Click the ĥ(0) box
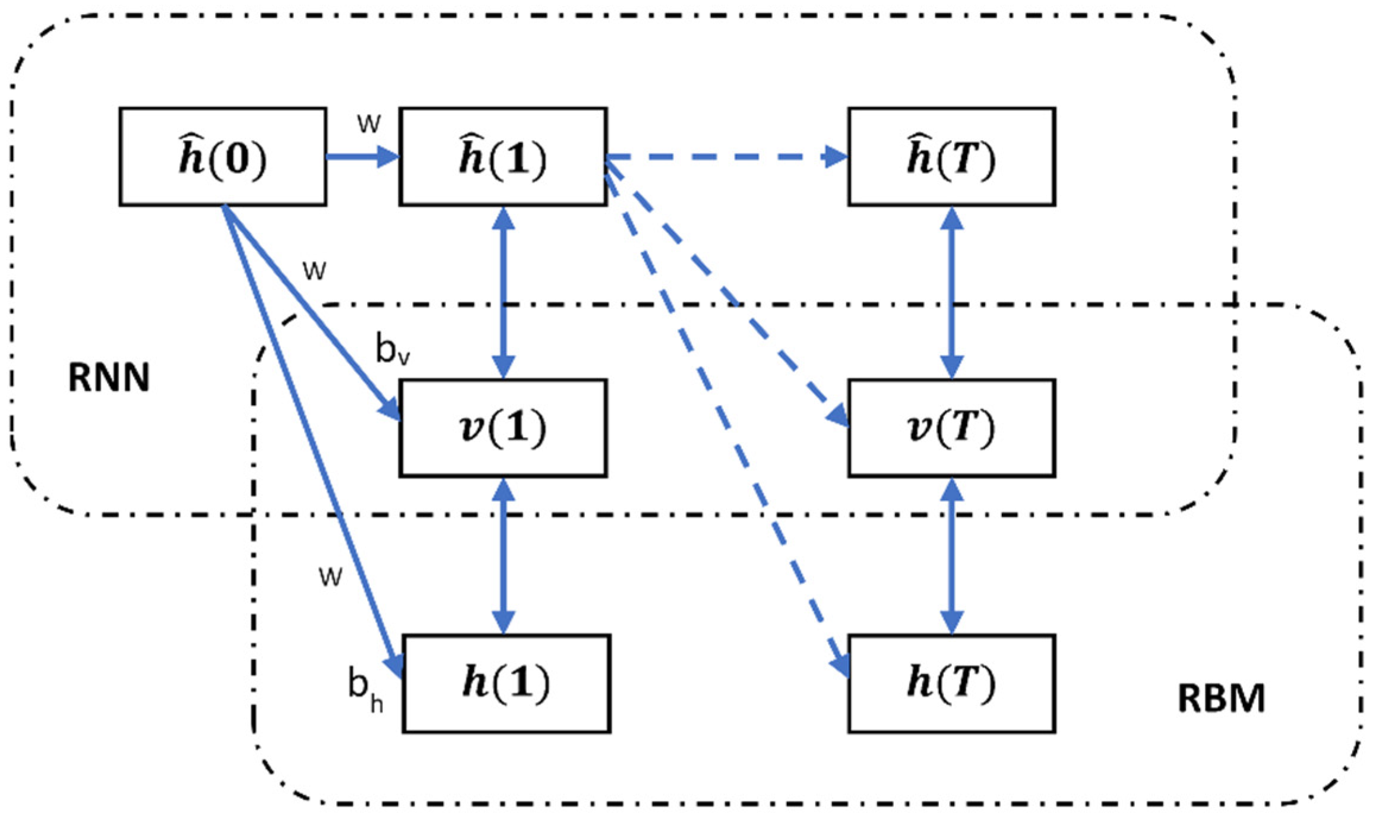click(223, 157)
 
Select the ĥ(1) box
click(503, 157)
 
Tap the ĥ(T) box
click(951, 157)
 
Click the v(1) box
click(503, 428)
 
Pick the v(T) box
click(951, 428)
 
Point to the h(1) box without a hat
click(506, 684)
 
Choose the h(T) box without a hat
click(951, 684)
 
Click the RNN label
click(109, 377)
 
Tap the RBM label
click(1221, 698)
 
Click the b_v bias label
click(393, 349)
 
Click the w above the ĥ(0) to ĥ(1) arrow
click(368, 123)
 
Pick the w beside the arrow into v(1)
click(314, 270)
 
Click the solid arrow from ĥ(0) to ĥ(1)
click(362, 157)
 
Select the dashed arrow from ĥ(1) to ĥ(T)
click(725, 157)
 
